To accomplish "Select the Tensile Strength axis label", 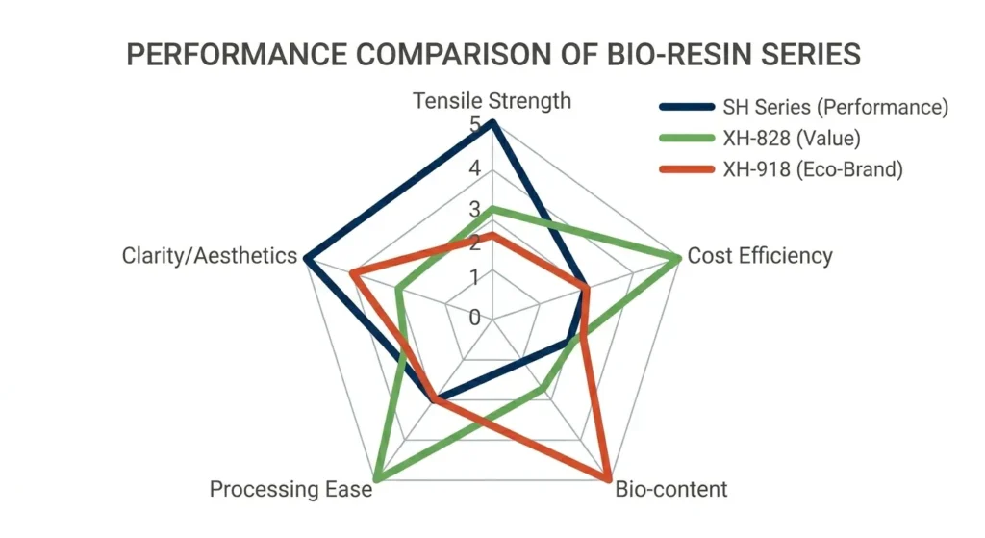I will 492,101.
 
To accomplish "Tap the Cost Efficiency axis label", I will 760,256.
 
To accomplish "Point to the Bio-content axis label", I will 670,489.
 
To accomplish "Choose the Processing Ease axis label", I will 290,489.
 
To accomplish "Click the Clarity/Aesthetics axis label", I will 209,256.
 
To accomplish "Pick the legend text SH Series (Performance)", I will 835,107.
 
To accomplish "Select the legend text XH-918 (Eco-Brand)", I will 812,170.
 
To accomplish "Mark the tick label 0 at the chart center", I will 474,318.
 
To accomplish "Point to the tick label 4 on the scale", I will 474,169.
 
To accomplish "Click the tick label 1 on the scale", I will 474,278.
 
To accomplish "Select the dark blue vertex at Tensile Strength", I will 492,122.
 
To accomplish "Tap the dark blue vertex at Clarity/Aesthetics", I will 307,258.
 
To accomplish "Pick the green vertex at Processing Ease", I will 377,477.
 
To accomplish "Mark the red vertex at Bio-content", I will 607,477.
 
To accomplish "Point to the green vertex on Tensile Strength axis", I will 492,209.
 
